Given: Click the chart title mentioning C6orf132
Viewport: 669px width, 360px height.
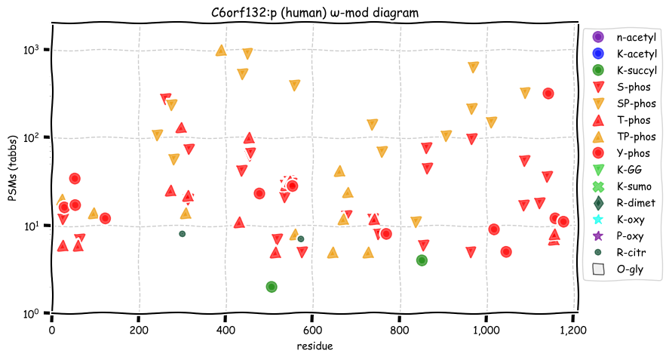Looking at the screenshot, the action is coord(315,13).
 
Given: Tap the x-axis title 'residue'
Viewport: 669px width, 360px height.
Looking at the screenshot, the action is coord(315,346).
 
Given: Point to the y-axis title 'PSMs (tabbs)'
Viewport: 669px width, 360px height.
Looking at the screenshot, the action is coord(13,168).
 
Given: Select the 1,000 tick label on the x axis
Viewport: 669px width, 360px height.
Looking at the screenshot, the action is coord(486,331).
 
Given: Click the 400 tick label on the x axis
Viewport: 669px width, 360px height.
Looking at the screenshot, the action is coord(226,330).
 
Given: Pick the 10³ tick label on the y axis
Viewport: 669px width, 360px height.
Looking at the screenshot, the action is coord(31,50).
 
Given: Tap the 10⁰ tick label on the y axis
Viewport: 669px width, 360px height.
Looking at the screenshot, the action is coord(31,313).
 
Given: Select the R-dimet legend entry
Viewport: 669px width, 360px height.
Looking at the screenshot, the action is coord(624,203).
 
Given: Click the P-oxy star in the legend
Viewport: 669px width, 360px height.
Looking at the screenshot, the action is coord(598,235).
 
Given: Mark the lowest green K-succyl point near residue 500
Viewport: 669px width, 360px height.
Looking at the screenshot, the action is coord(272,287).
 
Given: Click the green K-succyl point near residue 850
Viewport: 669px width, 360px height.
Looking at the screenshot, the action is coord(422,260).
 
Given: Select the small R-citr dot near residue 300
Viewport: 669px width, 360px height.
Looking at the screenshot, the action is coord(183,234).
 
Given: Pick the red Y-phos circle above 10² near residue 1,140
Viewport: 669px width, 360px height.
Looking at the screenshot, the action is coord(548,94).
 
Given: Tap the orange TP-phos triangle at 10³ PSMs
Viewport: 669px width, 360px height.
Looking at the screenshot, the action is coord(221,51).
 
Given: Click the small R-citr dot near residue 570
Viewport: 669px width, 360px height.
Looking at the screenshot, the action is coord(301,239).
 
